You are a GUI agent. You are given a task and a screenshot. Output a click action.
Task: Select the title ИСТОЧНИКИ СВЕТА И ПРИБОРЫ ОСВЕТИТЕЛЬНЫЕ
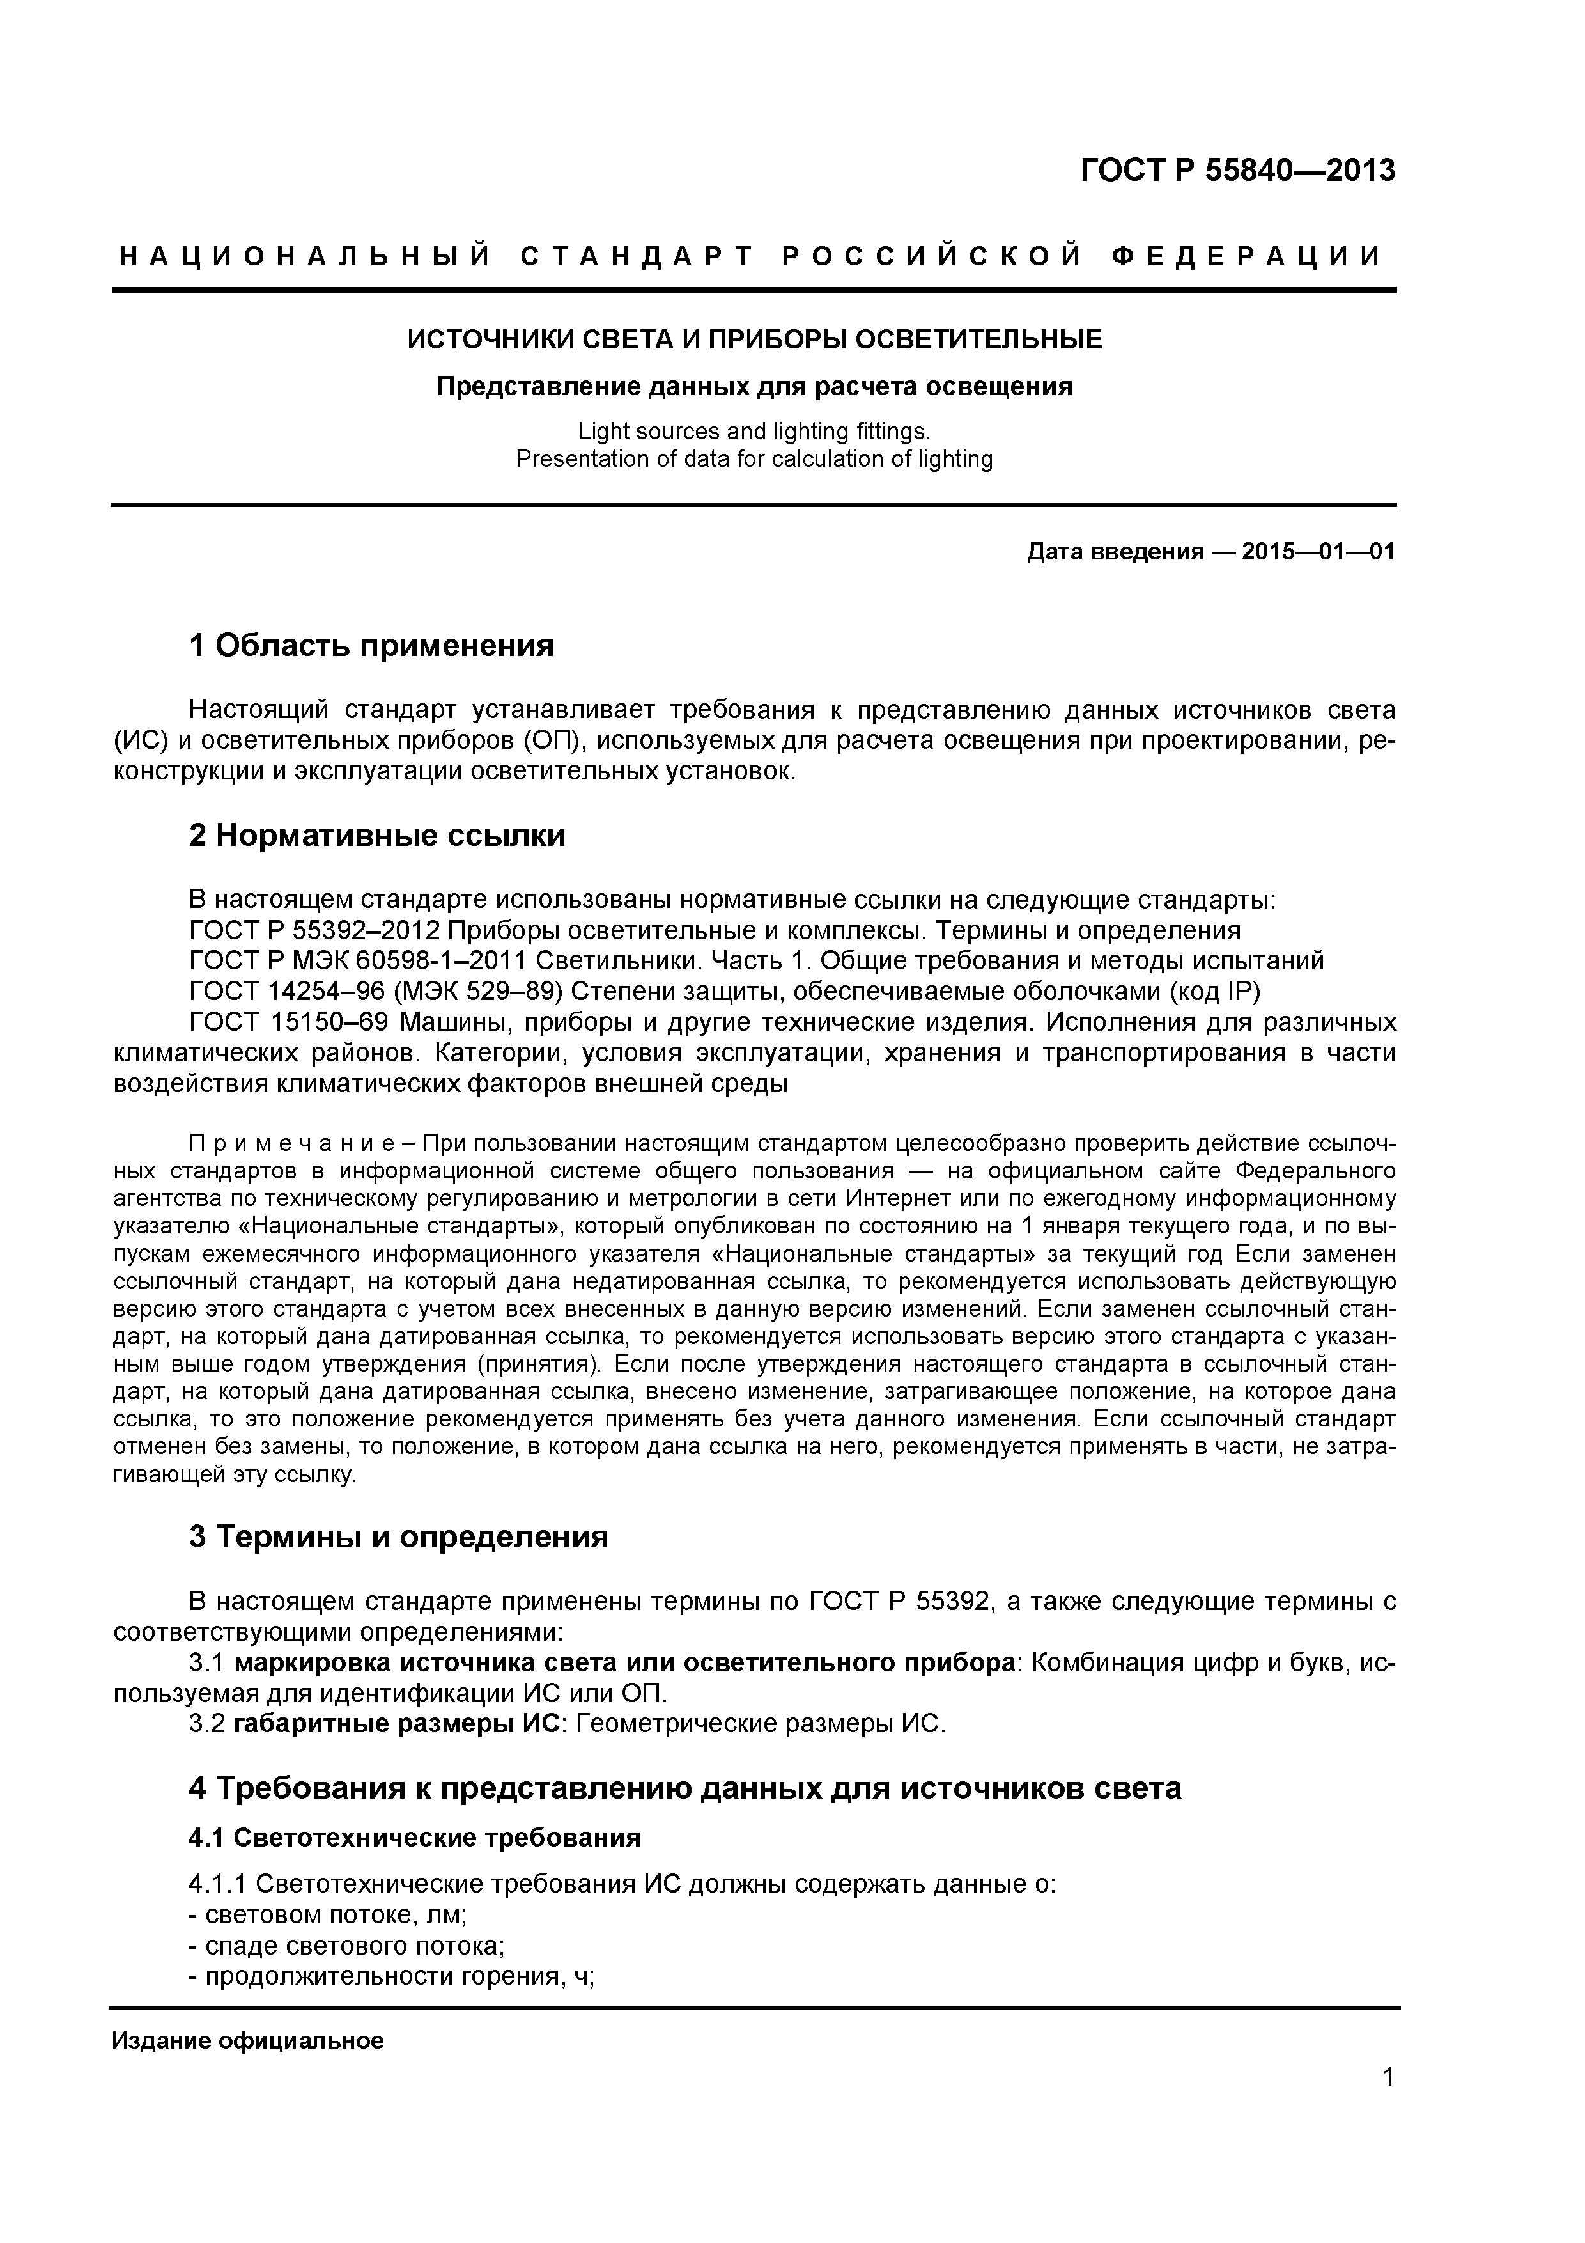point(754,340)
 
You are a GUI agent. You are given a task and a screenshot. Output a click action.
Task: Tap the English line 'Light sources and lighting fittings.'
point(754,431)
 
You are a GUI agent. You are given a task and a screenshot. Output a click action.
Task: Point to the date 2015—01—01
point(1318,552)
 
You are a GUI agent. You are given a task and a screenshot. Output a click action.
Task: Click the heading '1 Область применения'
point(371,646)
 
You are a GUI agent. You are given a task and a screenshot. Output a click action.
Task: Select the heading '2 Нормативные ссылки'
point(377,835)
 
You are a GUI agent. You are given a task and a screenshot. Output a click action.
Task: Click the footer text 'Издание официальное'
point(248,2041)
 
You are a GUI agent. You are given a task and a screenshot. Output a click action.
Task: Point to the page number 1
point(1388,2104)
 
